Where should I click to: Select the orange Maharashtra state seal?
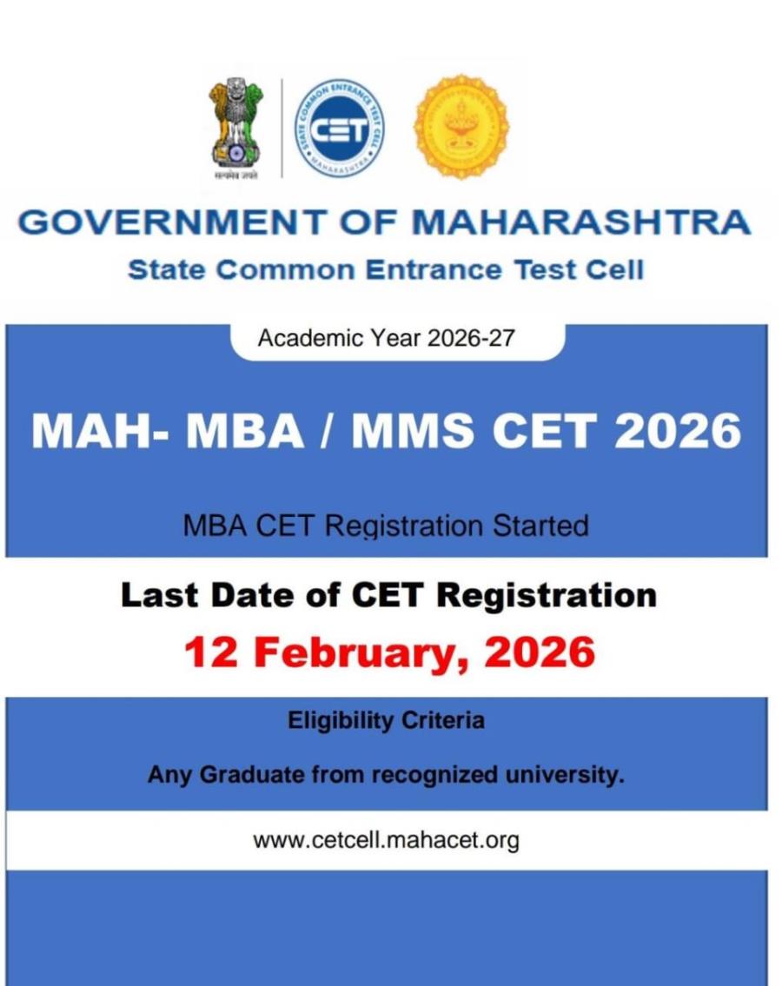[x=461, y=127]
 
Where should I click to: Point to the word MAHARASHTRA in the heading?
[x=580, y=222]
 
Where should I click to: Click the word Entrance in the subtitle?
[x=433, y=269]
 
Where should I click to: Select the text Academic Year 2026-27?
[x=386, y=338]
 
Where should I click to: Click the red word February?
[x=355, y=652]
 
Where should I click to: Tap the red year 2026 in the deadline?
[x=539, y=652]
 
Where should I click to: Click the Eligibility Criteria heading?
[x=386, y=720]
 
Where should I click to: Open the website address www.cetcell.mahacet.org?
[x=386, y=840]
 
